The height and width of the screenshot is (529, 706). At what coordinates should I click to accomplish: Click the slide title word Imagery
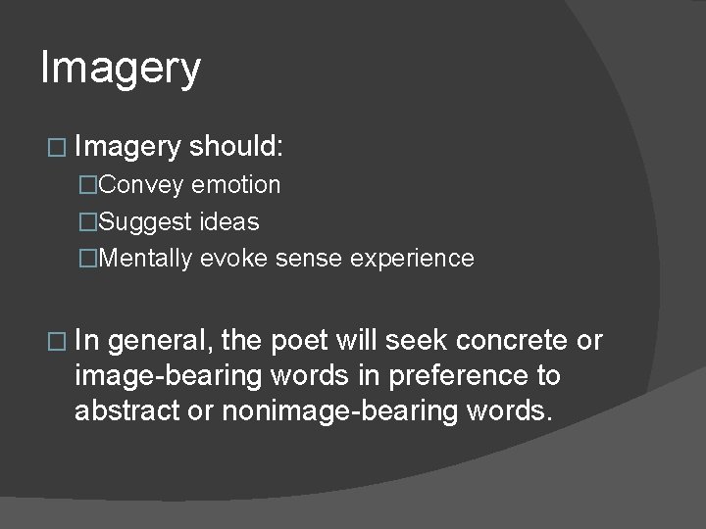point(121,70)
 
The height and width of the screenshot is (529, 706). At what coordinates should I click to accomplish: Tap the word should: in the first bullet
point(236,147)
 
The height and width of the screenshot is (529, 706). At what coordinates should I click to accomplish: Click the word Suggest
point(145,222)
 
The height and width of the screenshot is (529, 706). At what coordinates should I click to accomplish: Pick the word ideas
point(228,222)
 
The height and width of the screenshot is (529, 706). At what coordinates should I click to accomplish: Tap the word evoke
point(227,259)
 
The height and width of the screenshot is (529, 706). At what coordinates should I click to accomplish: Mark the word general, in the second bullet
point(161,341)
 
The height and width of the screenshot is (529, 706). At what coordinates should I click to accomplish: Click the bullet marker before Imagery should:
point(54,148)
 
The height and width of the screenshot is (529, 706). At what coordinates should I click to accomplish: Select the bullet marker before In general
point(54,342)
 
